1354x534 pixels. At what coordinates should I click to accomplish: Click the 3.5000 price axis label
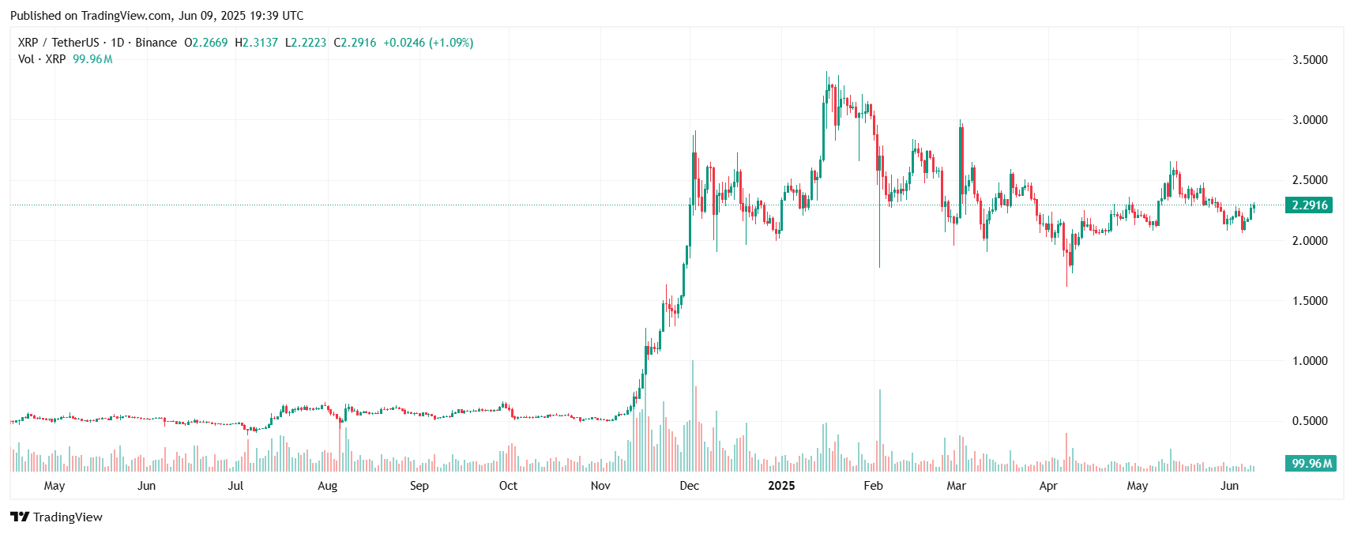coord(1309,60)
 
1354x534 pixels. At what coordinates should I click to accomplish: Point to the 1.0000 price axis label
coord(1309,361)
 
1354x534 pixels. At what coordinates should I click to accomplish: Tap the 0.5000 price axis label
coord(1309,421)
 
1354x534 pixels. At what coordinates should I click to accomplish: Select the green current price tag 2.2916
coord(1309,205)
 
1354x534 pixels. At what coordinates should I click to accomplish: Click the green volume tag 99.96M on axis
coord(1311,464)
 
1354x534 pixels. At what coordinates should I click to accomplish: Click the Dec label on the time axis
coord(690,486)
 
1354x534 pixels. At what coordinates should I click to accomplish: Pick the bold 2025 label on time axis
coord(781,486)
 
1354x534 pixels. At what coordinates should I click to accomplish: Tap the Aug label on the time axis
coord(327,486)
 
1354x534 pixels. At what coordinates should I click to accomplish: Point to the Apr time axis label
coord(1047,486)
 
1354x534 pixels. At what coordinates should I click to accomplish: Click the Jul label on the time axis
coord(235,486)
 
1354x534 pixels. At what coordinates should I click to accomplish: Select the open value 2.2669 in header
coord(210,43)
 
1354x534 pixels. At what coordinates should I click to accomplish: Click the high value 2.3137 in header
coord(260,43)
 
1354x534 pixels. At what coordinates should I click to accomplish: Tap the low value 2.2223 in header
coord(308,43)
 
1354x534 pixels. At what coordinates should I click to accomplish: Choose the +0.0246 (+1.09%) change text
coord(428,43)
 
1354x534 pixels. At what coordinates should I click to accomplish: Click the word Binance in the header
coord(156,43)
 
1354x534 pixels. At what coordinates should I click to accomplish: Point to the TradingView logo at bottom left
coord(56,517)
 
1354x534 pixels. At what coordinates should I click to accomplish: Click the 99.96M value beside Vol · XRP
coord(92,59)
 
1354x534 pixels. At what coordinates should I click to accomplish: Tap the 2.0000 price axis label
coord(1309,241)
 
